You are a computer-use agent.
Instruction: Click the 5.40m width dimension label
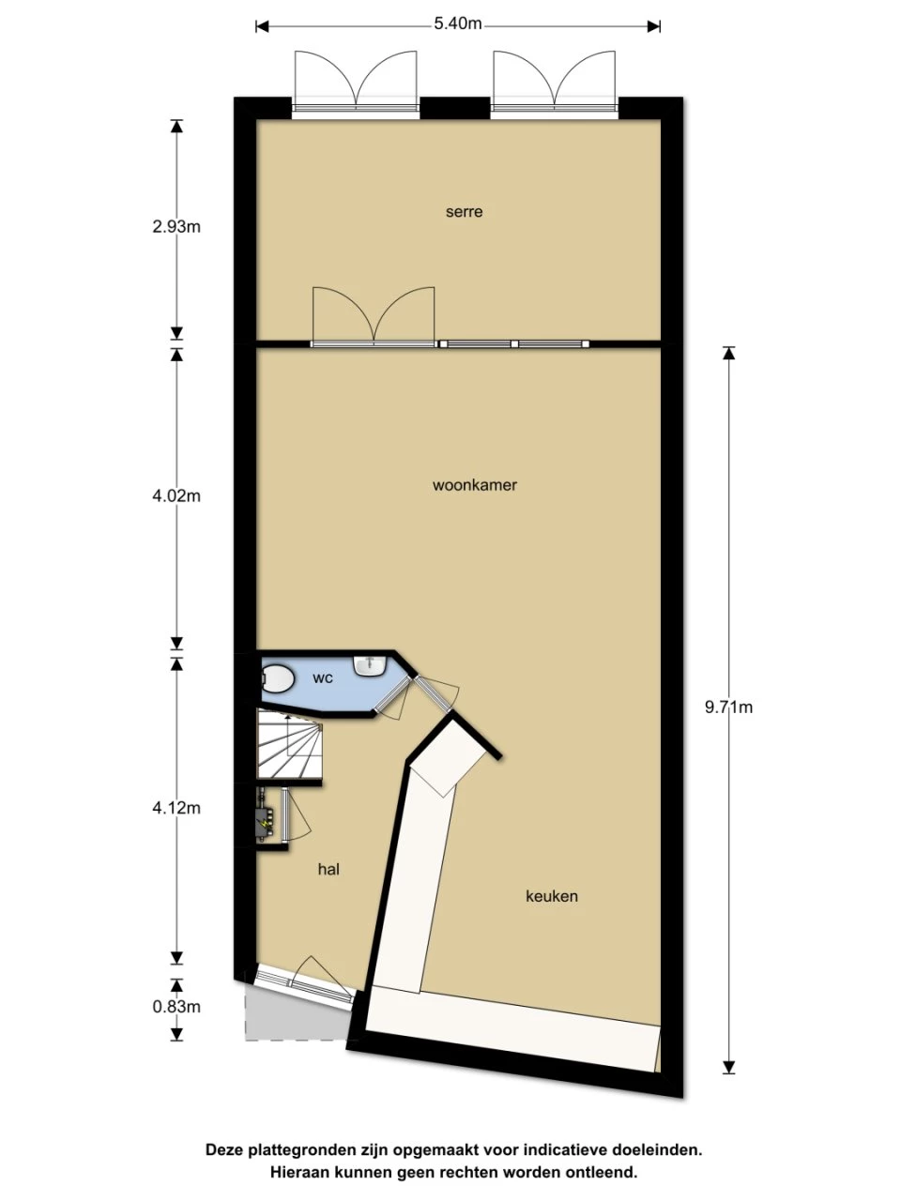point(458,24)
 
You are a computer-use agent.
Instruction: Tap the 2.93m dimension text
point(176,226)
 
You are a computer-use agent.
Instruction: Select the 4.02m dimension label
point(176,495)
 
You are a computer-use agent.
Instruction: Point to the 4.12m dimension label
point(176,808)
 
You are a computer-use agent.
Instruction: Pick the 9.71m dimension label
point(728,707)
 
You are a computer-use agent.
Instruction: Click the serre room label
point(464,212)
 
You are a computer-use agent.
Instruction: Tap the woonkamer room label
point(475,485)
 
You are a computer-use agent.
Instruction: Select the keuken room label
point(552,896)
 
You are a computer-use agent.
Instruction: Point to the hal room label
point(328,870)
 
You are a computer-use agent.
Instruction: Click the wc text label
point(323,678)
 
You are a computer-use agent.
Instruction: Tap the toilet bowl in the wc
point(279,679)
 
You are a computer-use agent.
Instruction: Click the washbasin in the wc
point(372,665)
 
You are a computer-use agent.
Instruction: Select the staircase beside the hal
point(289,745)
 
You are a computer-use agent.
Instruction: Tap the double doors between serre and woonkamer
point(374,317)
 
